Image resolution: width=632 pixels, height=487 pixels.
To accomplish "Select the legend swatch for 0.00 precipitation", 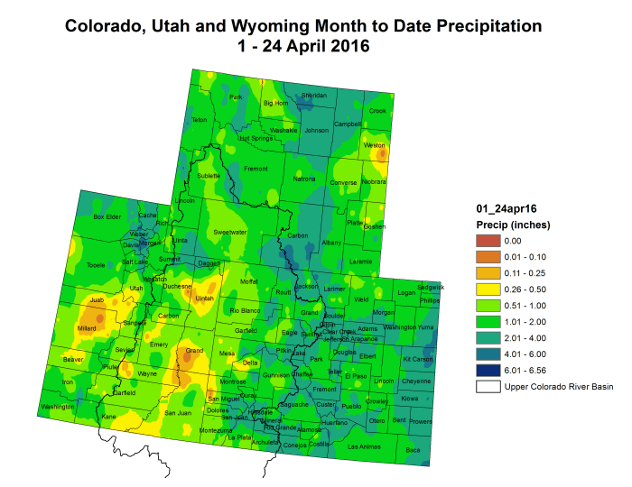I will (x=488, y=241).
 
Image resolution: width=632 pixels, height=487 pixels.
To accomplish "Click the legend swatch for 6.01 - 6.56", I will (x=488, y=371).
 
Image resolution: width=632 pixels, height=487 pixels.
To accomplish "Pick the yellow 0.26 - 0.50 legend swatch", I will (x=488, y=289).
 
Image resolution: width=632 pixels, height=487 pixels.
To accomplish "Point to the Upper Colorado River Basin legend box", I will (x=488, y=387).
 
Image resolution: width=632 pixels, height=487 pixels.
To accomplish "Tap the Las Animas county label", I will (x=364, y=446).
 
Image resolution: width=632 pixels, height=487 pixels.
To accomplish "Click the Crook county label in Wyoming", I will (x=377, y=111).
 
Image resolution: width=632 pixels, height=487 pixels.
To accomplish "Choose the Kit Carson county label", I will (x=418, y=359).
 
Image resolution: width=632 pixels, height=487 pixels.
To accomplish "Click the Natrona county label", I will (x=304, y=179).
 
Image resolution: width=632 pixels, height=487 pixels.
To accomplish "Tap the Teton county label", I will (x=200, y=120).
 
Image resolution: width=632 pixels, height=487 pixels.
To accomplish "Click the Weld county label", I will (x=361, y=299).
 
